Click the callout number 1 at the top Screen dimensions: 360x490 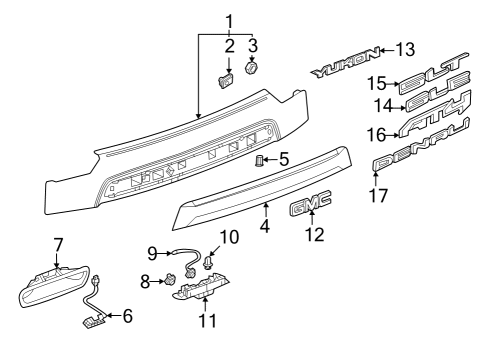(228, 21)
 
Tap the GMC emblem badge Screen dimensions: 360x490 (310, 207)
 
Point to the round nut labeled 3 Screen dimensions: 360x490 (253, 70)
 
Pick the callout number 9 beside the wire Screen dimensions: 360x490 (153, 251)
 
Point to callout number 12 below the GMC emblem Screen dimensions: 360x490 (310, 235)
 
